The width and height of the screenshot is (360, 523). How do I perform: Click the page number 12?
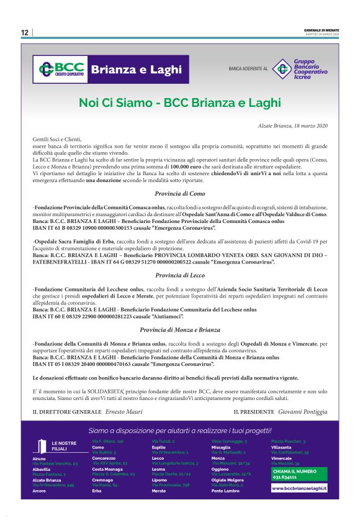[24, 32]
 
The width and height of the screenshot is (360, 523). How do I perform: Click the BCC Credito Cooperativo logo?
[61, 69]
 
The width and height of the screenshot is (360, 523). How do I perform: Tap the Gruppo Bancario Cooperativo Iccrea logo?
[300, 69]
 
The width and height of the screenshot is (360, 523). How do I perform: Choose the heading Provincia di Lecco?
[180, 275]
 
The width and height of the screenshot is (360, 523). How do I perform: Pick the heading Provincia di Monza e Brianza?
[180, 330]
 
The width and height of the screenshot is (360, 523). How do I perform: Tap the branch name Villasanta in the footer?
[281, 447]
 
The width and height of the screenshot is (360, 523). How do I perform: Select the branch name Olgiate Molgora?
[227, 480]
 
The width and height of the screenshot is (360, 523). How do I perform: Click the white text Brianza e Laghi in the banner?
[137, 69]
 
